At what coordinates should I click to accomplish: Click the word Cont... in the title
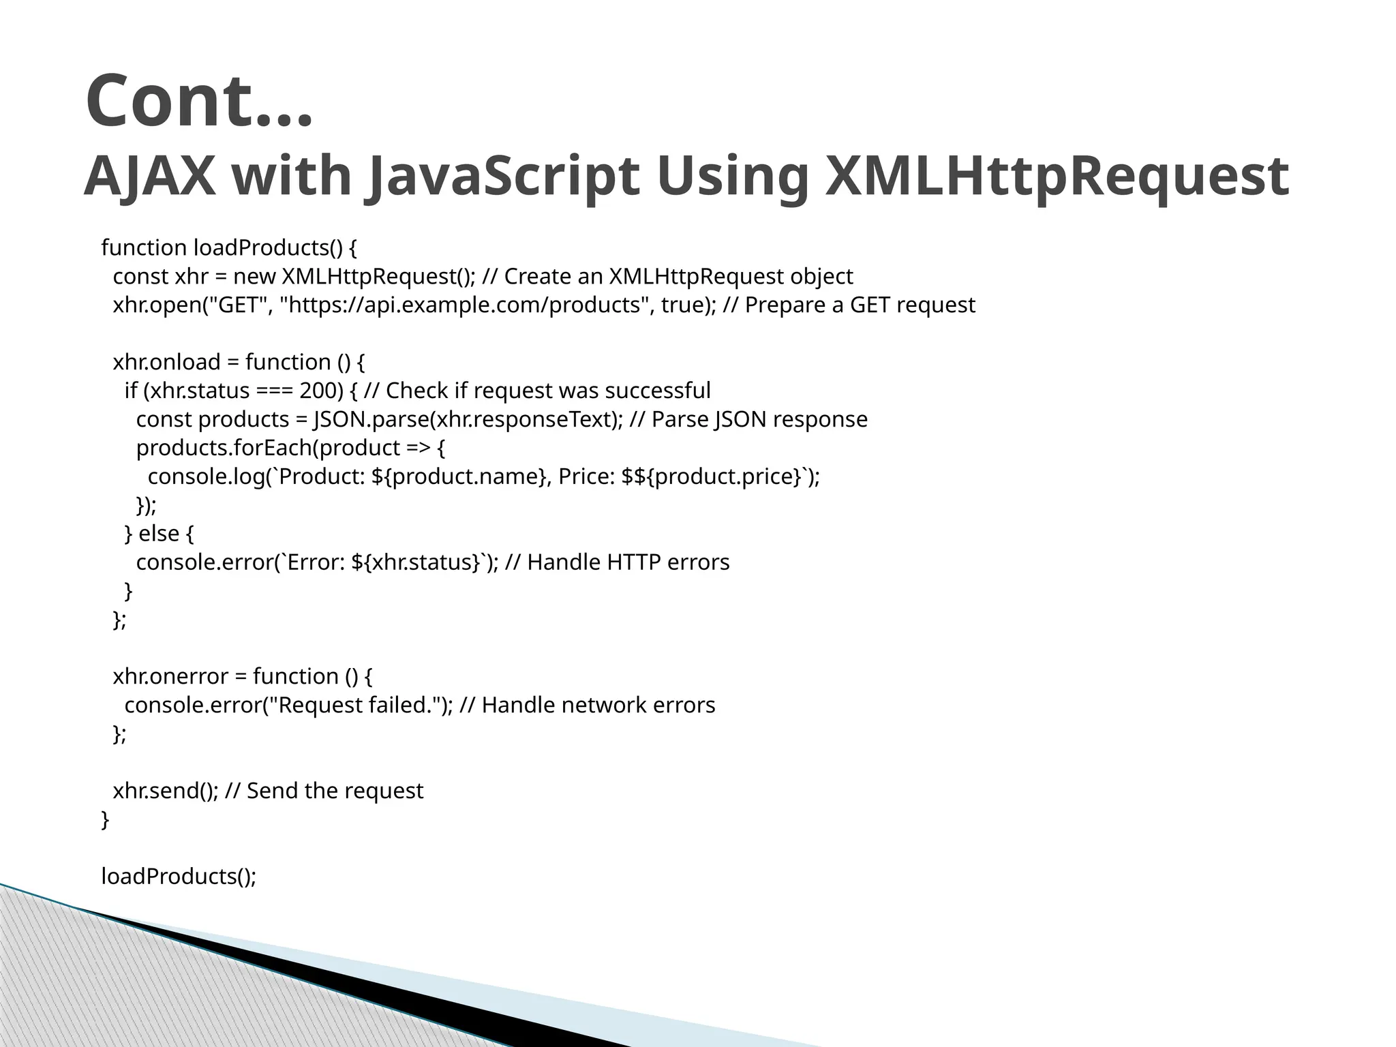(199, 100)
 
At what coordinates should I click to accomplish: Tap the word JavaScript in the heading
(503, 176)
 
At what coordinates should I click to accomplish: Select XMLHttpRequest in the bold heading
(1056, 176)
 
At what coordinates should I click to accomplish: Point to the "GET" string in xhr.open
(236, 305)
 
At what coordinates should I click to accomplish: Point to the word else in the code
(158, 534)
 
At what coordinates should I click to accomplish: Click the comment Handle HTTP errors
(628, 562)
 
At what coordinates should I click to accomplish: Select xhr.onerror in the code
(170, 676)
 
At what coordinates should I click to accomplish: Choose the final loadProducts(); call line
(179, 877)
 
